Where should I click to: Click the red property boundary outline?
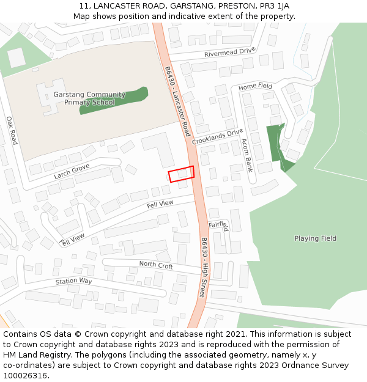[x=181, y=174]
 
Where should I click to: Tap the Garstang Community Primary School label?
[x=89, y=98]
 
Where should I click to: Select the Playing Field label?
[x=315, y=238]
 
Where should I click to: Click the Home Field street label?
[x=255, y=87]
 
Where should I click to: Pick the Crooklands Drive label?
[x=217, y=137]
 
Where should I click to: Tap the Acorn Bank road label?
[x=247, y=155]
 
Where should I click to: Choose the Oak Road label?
[x=12, y=130]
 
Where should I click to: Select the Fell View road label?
[x=160, y=204]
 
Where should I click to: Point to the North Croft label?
[x=156, y=265]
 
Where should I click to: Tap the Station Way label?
[x=73, y=281]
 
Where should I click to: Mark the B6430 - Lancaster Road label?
[x=178, y=101]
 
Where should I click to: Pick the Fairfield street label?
[x=218, y=227]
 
